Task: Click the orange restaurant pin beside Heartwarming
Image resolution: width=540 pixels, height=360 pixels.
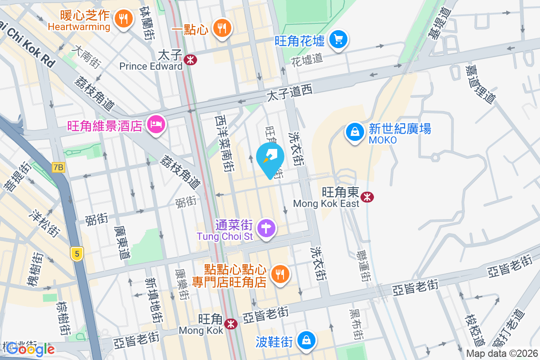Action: click(122, 18)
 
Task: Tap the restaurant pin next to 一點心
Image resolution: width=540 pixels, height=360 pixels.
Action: click(221, 27)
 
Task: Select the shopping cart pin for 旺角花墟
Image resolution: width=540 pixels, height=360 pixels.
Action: click(338, 40)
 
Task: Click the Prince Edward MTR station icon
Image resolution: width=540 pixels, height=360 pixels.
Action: click(191, 59)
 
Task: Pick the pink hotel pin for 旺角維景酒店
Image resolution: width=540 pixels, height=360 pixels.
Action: click(156, 123)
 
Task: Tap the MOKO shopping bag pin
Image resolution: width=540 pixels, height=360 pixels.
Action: click(355, 132)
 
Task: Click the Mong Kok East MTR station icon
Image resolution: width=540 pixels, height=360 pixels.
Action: click(368, 197)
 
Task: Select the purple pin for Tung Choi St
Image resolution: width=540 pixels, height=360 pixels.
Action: click(266, 228)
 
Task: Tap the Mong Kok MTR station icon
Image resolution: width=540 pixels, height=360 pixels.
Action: click(231, 324)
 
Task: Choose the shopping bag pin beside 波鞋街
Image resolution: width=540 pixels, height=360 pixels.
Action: click(306, 339)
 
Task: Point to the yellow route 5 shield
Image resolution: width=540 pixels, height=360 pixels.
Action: click(77, 253)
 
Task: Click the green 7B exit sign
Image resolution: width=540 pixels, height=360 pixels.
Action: click(58, 167)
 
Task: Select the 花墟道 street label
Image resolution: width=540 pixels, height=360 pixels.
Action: click(307, 59)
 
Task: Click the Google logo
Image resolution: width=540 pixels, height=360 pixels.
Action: click(31, 349)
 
